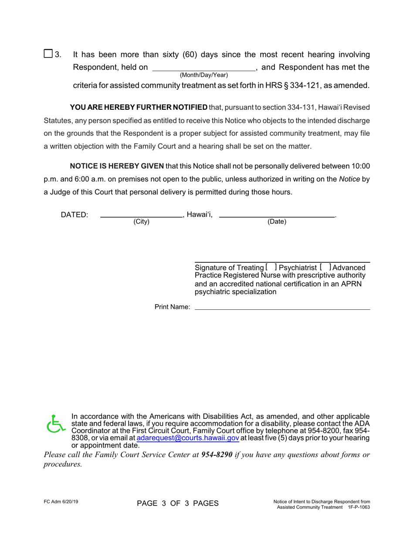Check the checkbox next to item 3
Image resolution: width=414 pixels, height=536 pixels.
point(48,54)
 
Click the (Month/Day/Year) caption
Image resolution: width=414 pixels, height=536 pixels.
point(204,75)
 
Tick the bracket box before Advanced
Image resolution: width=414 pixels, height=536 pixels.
point(325,267)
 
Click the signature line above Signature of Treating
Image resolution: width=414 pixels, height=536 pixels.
point(282,261)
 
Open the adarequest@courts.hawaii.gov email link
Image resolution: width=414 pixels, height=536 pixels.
point(188,438)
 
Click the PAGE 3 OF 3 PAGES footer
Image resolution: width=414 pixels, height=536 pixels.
point(177,503)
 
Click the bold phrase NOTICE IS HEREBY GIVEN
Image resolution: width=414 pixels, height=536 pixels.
point(117,166)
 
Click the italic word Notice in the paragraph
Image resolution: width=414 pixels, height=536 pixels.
point(349,179)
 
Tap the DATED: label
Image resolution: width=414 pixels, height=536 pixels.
point(74,215)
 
